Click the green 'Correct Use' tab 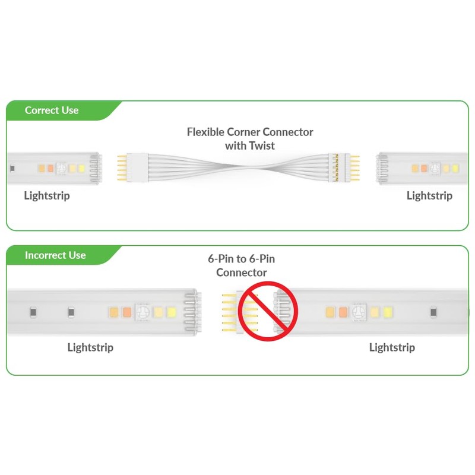52,110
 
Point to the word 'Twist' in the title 262,145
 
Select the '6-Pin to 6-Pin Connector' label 241,265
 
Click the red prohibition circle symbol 268,312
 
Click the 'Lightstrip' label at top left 47,195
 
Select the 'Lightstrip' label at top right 429,195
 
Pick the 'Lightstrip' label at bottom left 90,347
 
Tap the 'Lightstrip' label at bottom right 392,347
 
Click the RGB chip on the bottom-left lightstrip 142,312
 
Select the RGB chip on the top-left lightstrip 61,168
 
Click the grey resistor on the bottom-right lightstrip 434,312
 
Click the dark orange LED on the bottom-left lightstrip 126,312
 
